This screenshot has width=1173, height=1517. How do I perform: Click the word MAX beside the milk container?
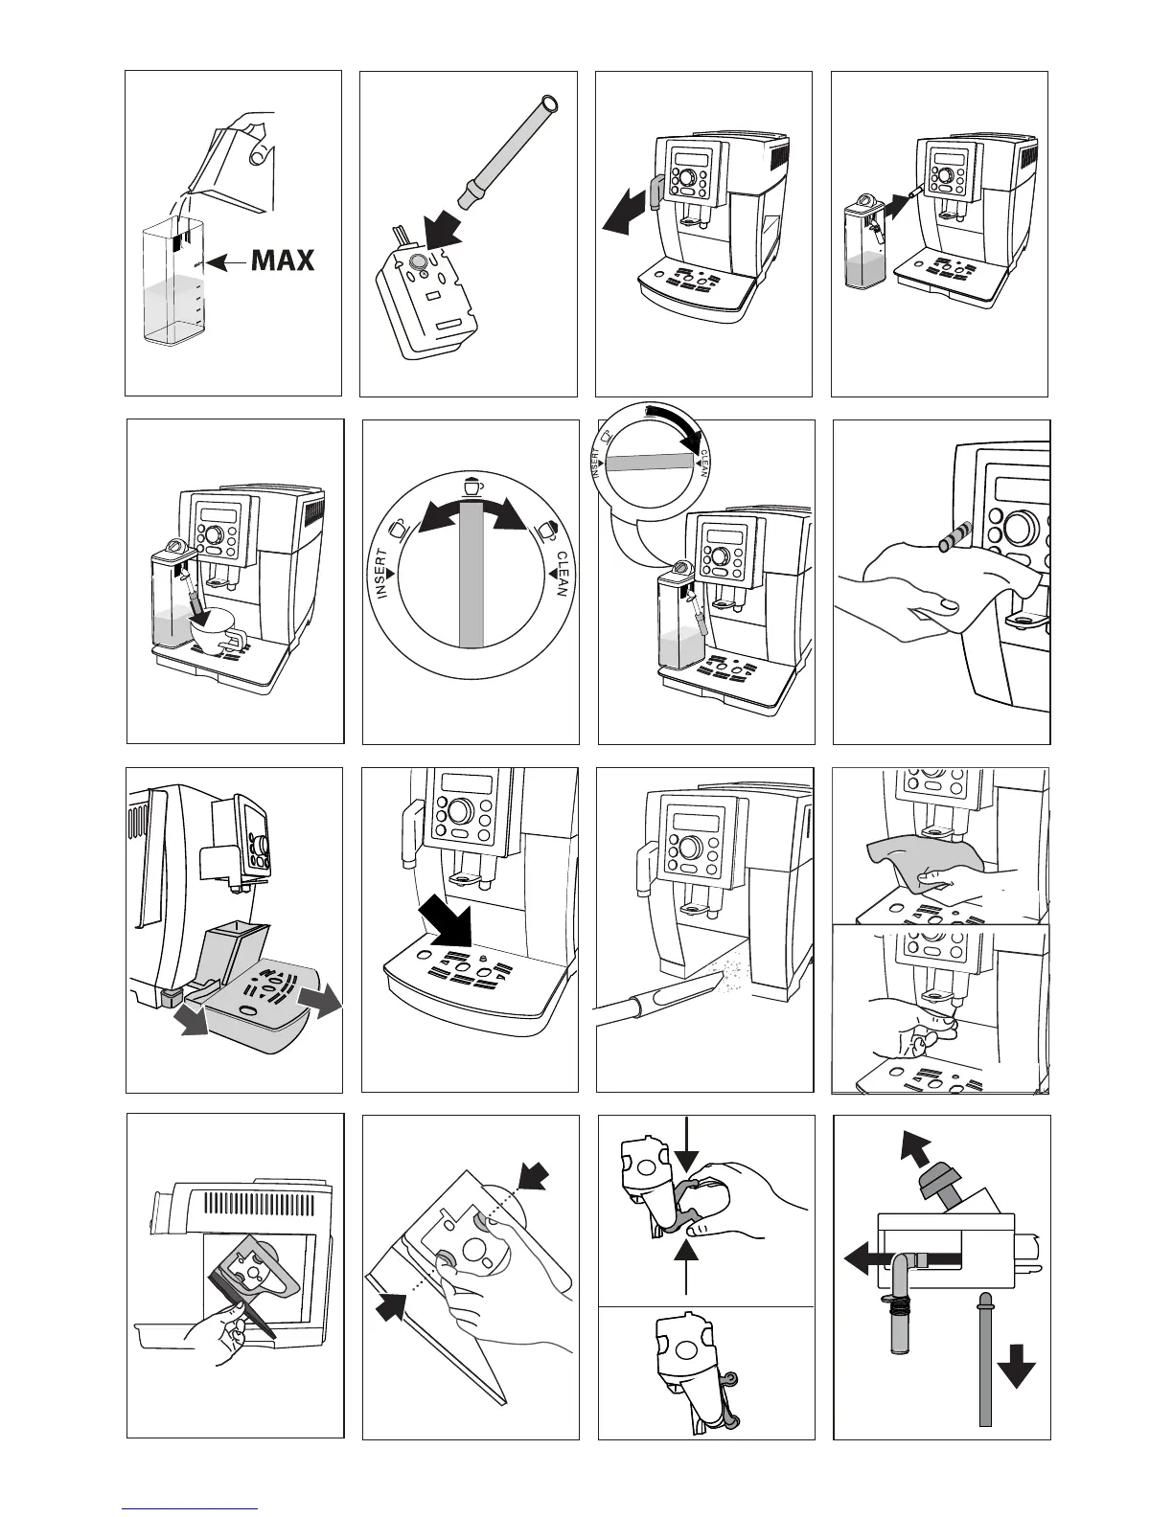pos(282,260)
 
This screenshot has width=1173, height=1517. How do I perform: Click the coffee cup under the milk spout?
pos(217,628)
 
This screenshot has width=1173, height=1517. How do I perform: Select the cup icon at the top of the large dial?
pos(472,486)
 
